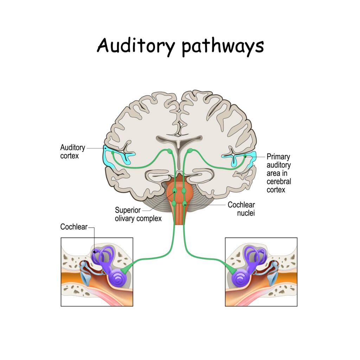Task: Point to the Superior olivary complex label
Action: [138, 214]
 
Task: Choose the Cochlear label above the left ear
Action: [73, 227]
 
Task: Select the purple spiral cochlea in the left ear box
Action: [116, 277]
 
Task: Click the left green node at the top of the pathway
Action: [169, 151]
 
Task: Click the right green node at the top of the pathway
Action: [190, 151]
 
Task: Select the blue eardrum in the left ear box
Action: [85, 278]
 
